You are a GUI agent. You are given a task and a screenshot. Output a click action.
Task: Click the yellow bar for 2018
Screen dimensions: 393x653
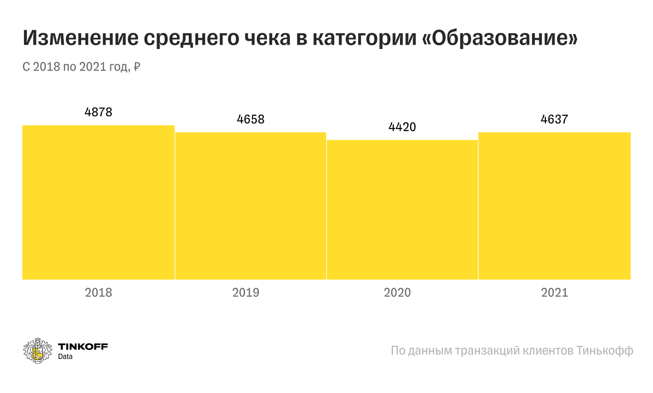98,202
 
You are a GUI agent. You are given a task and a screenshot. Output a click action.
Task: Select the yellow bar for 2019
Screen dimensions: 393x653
250,206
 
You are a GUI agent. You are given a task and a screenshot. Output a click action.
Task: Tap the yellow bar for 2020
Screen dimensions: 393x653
402,209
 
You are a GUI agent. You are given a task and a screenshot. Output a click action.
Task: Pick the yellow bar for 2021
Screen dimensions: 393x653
555,206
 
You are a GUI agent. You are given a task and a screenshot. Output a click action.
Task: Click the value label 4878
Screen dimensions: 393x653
98,112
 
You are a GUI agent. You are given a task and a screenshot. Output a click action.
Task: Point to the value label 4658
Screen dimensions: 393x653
250,119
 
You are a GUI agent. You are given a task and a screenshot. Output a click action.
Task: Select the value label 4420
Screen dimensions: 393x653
402,127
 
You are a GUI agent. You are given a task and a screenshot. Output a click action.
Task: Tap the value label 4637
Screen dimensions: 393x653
554,119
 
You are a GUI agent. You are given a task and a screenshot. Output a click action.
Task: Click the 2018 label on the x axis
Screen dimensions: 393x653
98,292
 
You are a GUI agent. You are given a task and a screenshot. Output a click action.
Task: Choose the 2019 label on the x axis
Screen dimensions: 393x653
246,292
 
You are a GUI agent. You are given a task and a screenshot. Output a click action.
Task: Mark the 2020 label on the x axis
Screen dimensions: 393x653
398,292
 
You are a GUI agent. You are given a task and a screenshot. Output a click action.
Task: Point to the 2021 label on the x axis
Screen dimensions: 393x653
555,292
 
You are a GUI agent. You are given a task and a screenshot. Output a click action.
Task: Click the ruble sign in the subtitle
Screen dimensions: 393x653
136,67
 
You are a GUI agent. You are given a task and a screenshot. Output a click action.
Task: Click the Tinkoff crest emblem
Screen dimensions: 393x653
37,350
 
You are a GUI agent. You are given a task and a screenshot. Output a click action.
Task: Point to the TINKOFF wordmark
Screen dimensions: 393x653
83,346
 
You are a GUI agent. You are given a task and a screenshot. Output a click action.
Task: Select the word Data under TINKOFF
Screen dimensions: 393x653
65,357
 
